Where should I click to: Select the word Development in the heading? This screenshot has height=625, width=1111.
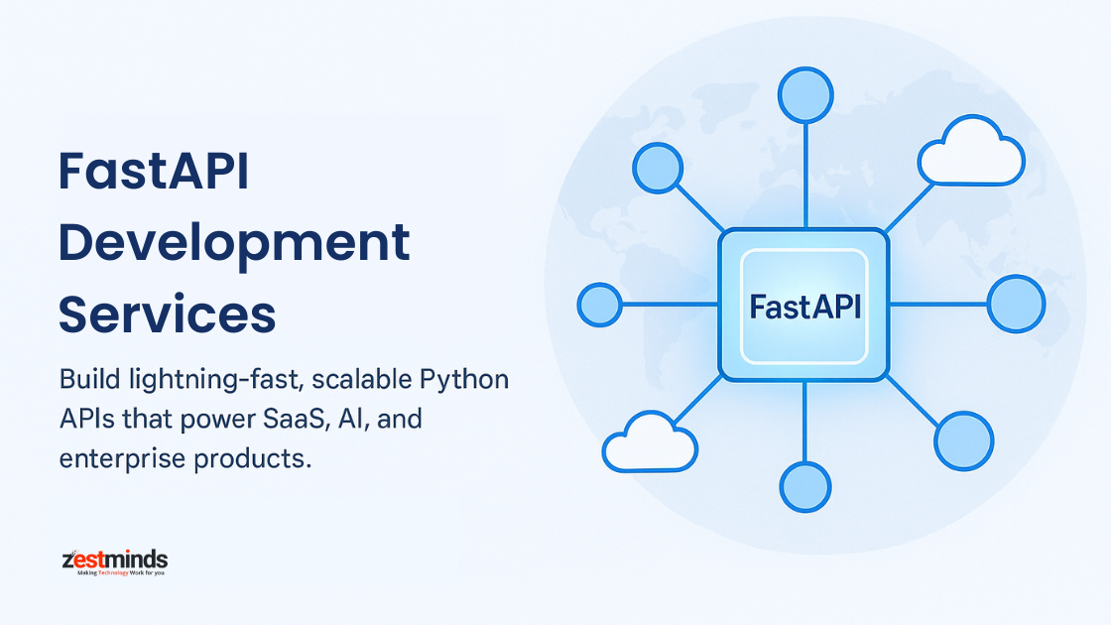click(234, 243)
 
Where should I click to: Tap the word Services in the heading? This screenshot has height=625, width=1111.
click(167, 313)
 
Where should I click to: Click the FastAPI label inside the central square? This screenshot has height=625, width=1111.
click(804, 307)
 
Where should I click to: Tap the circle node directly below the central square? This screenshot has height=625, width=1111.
click(804, 486)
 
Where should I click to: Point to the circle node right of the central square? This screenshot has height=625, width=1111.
click(1017, 304)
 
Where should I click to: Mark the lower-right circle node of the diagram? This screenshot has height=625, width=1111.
click(963, 440)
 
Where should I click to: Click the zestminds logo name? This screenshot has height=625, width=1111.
click(114, 560)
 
